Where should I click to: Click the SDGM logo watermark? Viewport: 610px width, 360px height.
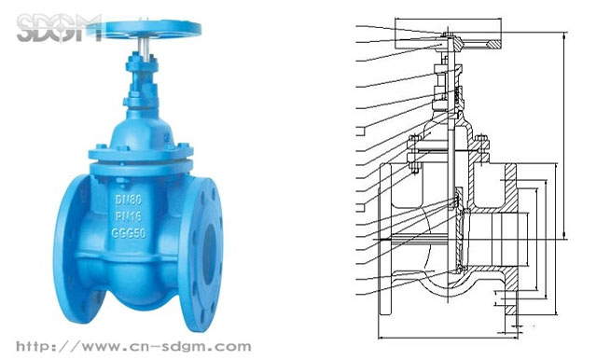[x=59, y=28]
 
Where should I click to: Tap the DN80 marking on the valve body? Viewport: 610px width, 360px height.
[x=129, y=200]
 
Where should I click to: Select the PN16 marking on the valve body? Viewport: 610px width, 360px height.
[x=129, y=216]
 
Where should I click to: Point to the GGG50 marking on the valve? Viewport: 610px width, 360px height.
[x=129, y=233]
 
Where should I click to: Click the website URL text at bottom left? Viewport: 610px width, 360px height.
[x=133, y=346]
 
